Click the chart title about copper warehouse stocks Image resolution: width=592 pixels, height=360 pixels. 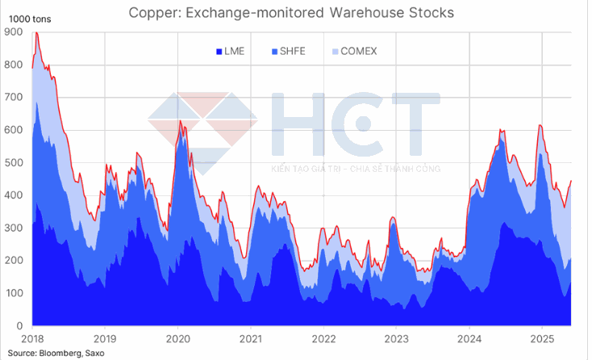pyautogui.click(x=297, y=12)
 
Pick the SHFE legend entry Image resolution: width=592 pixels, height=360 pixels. pyautogui.click(x=293, y=52)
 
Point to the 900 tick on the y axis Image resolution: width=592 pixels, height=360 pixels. pyautogui.click(x=14, y=32)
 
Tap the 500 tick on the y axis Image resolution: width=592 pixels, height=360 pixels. pyautogui.click(x=14, y=163)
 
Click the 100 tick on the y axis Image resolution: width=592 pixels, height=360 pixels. pyautogui.click(x=14, y=293)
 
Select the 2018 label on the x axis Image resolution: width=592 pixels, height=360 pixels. pyautogui.click(x=31, y=339)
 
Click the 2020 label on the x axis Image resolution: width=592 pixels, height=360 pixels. pyautogui.click(x=177, y=339)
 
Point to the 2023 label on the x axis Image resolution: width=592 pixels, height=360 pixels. pyautogui.click(x=397, y=339)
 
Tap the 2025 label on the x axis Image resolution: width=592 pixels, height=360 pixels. pyautogui.click(x=543, y=339)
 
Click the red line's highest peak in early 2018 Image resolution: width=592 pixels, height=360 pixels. pyautogui.click(x=36, y=32)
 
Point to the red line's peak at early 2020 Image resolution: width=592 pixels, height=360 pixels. pyautogui.click(x=179, y=121)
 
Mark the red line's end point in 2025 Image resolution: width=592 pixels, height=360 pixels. pyautogui.click(x=572, y=181)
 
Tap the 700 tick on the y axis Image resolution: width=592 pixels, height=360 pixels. pyautogui.click(x=14, y=98)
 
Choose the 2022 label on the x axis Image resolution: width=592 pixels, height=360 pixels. pyautogui.click(x=323, y=339)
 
